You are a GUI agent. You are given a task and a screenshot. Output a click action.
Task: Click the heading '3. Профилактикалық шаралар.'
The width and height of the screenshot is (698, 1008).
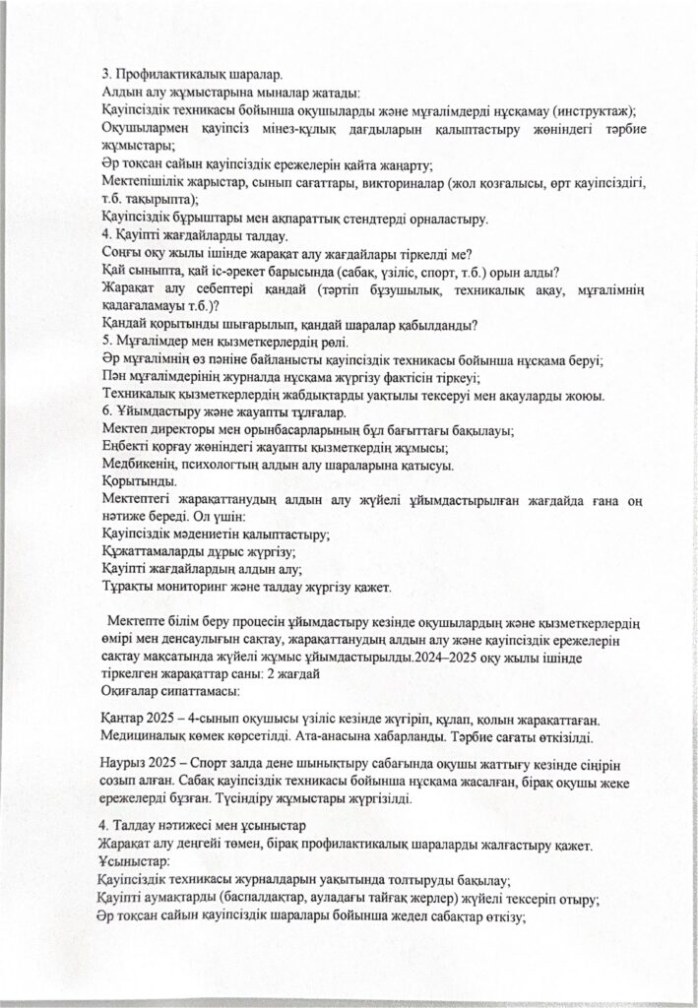(x=193, y=75)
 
